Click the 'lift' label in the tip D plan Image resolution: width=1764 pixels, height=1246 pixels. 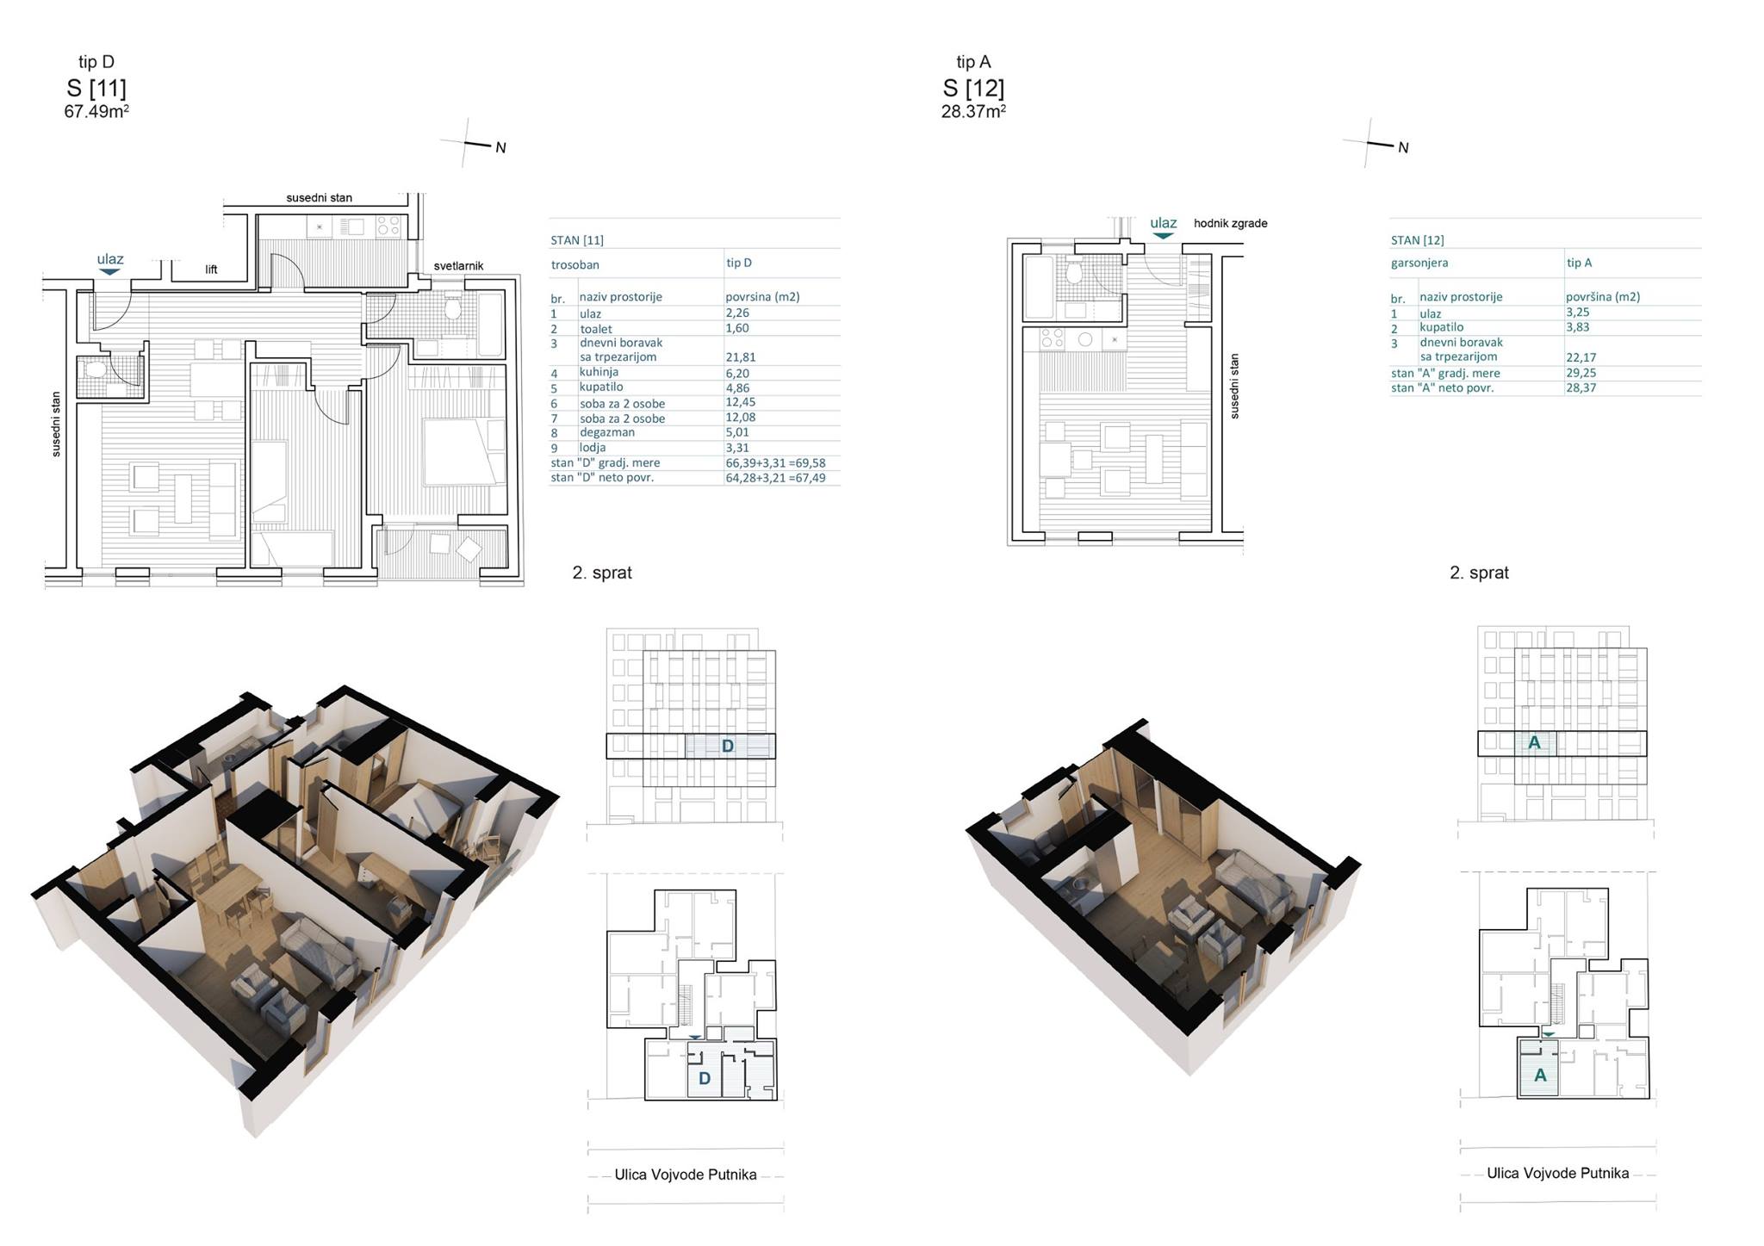[x=211, y=270]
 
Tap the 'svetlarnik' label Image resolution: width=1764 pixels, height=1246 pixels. [x=458, y=266]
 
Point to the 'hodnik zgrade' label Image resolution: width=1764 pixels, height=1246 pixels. [x=1230, y=223]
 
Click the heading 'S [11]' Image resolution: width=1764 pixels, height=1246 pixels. [x=96, y=88]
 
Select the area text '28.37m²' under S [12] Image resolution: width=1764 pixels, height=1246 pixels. [x=973, y=111]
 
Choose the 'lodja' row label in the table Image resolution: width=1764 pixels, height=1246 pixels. [x=593, y=448]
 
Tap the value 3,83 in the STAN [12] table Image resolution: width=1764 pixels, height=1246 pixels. [x=1578, y=327]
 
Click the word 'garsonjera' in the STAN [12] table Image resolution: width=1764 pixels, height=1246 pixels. [x=1419, y=263]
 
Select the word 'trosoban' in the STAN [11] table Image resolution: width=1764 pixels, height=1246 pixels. [x=575, y=265]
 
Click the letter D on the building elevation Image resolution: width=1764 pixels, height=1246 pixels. [x=727, y=746]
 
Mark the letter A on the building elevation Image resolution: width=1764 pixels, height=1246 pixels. [x=1534, y=742]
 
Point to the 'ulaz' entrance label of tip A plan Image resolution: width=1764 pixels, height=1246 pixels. [x=1163, y=223]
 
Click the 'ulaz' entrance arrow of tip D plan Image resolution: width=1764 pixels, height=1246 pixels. [x=109, y=271]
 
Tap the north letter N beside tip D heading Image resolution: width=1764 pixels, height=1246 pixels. [x=500, y=148]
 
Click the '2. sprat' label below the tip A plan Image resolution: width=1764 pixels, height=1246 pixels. [x=1479, y=573]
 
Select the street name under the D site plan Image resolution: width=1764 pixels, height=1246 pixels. [x=686, y=1175]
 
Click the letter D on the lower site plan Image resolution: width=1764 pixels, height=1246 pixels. [x=705, y=1078]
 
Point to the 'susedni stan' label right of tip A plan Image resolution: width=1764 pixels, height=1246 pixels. [x=1234, y=387]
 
